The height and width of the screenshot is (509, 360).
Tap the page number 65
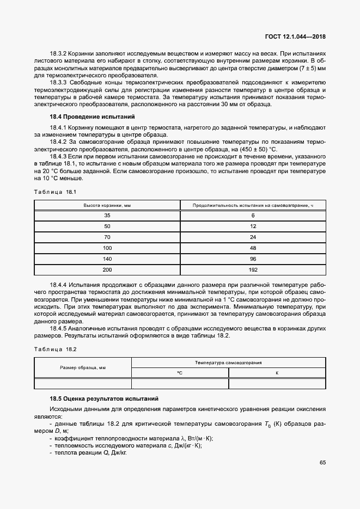point(322,463)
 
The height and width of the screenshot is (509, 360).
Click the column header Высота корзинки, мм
point(107,205)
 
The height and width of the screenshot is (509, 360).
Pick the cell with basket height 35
point(107,216)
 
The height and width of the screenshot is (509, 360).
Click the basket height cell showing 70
point(107,237)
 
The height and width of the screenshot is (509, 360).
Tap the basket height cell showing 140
point(107,259)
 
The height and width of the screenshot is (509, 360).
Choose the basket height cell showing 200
point(107,269)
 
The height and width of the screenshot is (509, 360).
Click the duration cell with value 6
point(253,216)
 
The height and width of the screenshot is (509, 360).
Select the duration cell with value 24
point(253,237)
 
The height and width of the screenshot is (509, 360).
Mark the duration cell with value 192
point(253,269)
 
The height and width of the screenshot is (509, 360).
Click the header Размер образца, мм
point(83,367)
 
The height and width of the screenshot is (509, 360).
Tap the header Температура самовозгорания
point(229,362)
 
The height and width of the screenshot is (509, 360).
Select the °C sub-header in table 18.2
point(180,373)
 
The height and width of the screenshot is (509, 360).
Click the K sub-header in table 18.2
point(277,373)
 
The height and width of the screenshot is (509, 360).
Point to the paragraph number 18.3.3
point(58,82)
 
